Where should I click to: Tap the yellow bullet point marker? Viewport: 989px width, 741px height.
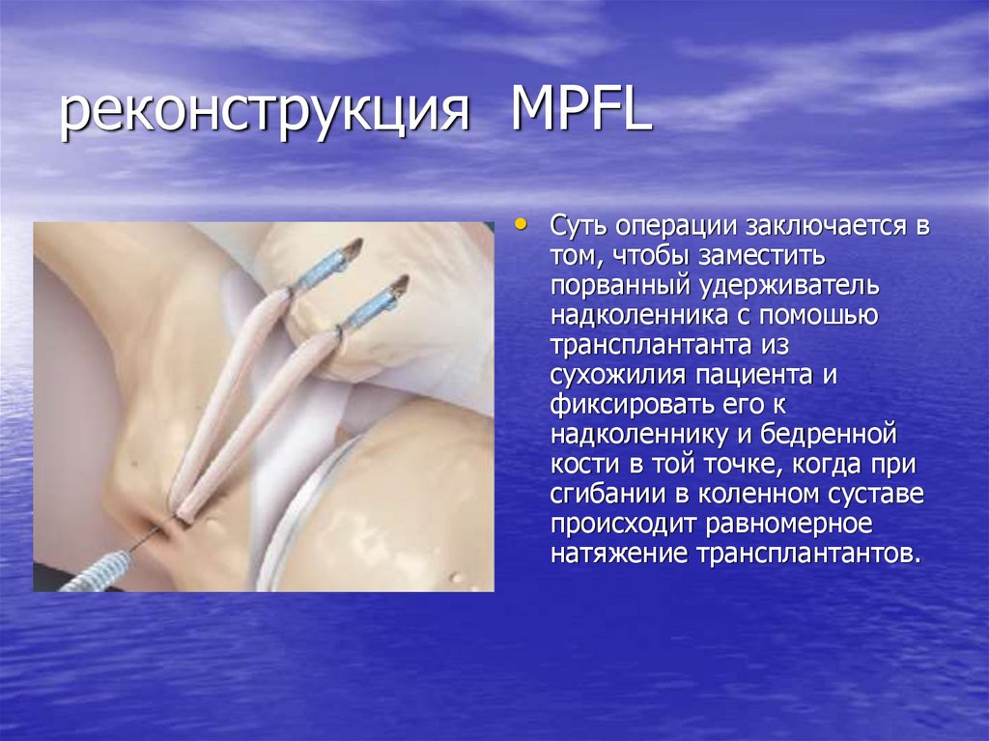(x=523, y=226)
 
